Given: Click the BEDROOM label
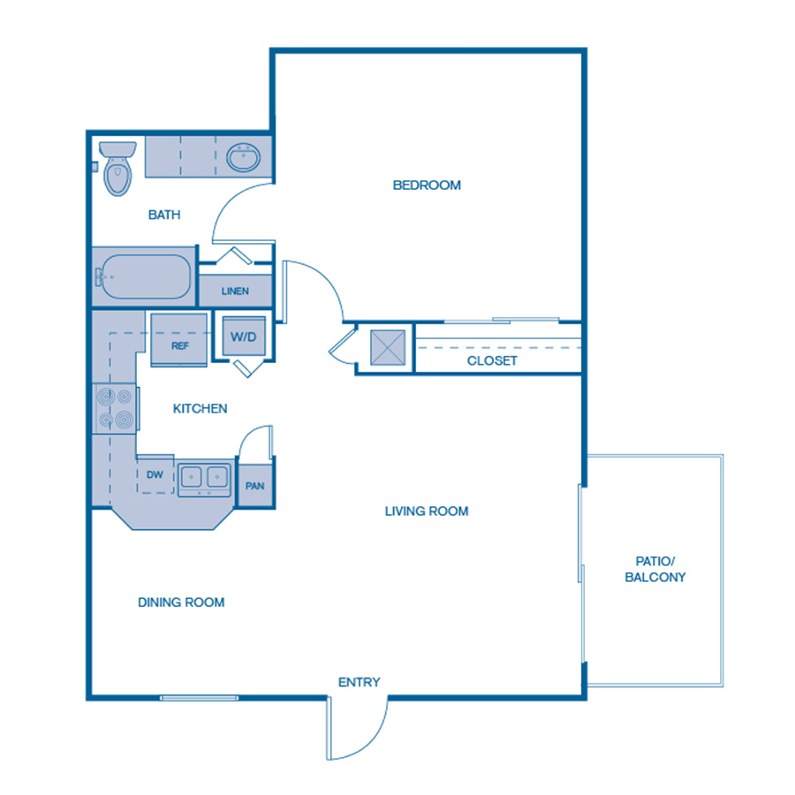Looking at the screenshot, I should (x=427, y=185).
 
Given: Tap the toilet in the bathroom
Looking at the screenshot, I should (x=117, y=170).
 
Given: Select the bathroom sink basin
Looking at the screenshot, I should (x=243, y=159).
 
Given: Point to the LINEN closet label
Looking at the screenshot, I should (x=235, y=291).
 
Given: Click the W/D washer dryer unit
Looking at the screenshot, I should (x=242, y=337).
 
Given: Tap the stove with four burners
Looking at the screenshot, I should (x=115, y=408).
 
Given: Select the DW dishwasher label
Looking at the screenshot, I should (x=155, y=475).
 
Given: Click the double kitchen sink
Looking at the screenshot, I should (x=204, y=478).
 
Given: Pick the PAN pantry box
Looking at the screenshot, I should (x=255, y=486).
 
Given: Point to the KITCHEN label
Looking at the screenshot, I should (x=200, y=409).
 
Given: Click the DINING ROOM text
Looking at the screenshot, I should (x=181, y=602).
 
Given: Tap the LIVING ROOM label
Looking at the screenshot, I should (x=426, y=511).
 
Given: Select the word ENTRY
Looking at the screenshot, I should (x=360, y=682).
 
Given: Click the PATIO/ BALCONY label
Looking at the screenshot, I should (x=655, y=569).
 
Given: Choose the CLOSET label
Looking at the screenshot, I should (x=492, y=361).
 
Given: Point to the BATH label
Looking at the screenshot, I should (x=164, y=215).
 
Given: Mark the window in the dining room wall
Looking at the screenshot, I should (x=199, y=699).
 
